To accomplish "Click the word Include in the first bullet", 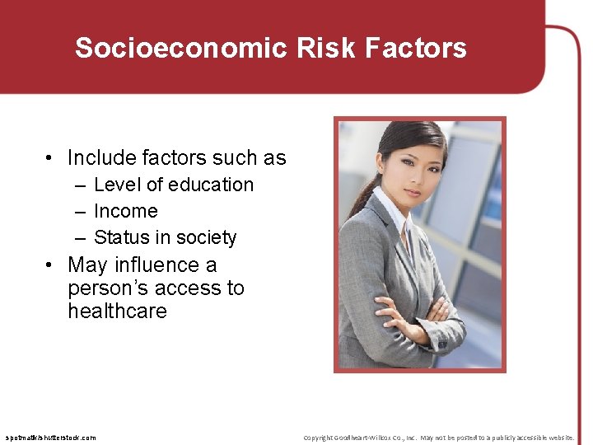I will [x=101, y=157].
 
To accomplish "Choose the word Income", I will [x=125, y=211].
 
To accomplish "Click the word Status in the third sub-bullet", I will [x=122, y=237].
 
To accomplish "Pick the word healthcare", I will [x=117, y=311].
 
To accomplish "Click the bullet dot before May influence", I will [x=50, y=265].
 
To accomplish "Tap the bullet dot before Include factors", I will [x=50, y=158].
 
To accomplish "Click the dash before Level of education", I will [x=81, y=185].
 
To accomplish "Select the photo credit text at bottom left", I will [x=50, y=438].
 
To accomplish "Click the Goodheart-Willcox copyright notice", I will [x=438, y=438].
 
